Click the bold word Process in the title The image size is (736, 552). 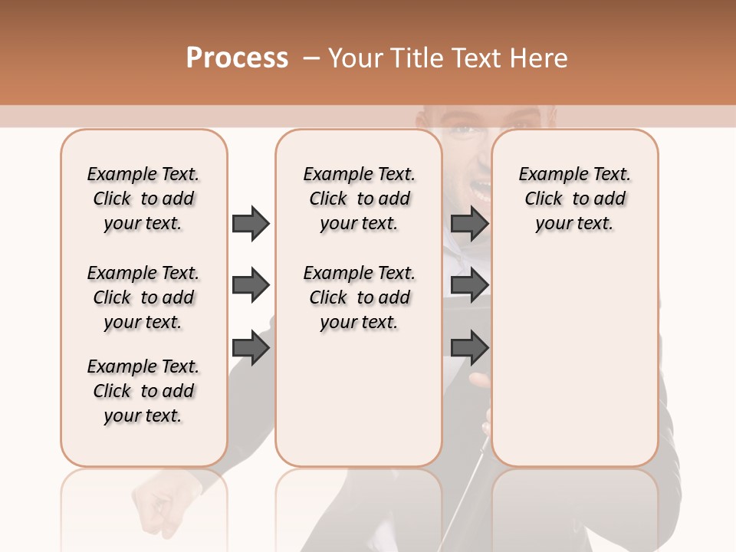(x=237, y=58)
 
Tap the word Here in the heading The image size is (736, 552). (x=539, y=58)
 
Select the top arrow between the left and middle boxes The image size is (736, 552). (x=251, y=223)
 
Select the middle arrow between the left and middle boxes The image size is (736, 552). (x=251, y=285)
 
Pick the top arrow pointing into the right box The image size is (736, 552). (x=469, y=223)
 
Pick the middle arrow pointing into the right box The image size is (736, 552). (x=469, y=285)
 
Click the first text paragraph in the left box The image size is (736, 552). (x=143, y=199)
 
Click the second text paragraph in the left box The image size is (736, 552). (x=143, y=297)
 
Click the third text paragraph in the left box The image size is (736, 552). (x=143, y=391)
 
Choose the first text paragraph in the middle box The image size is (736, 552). (x=359, y=199)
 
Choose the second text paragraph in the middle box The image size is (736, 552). (x=359, y=297)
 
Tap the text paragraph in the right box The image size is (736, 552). (x=574, y=199)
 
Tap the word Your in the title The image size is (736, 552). (x=356, y=58)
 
